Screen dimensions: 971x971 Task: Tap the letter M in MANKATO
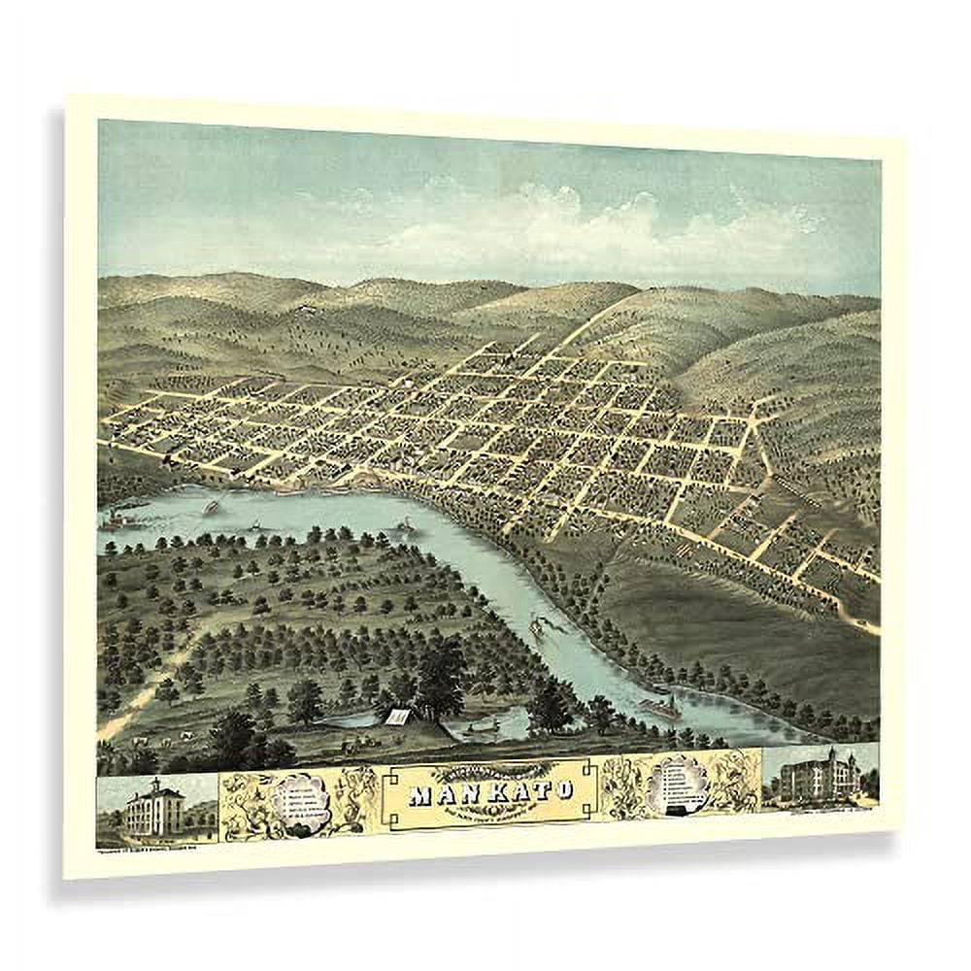coord(421,793)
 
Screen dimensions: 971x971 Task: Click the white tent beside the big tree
coord(399,717)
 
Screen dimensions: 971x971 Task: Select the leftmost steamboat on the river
coord(121,519)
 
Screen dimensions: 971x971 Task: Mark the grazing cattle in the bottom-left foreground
coord(146,741)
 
